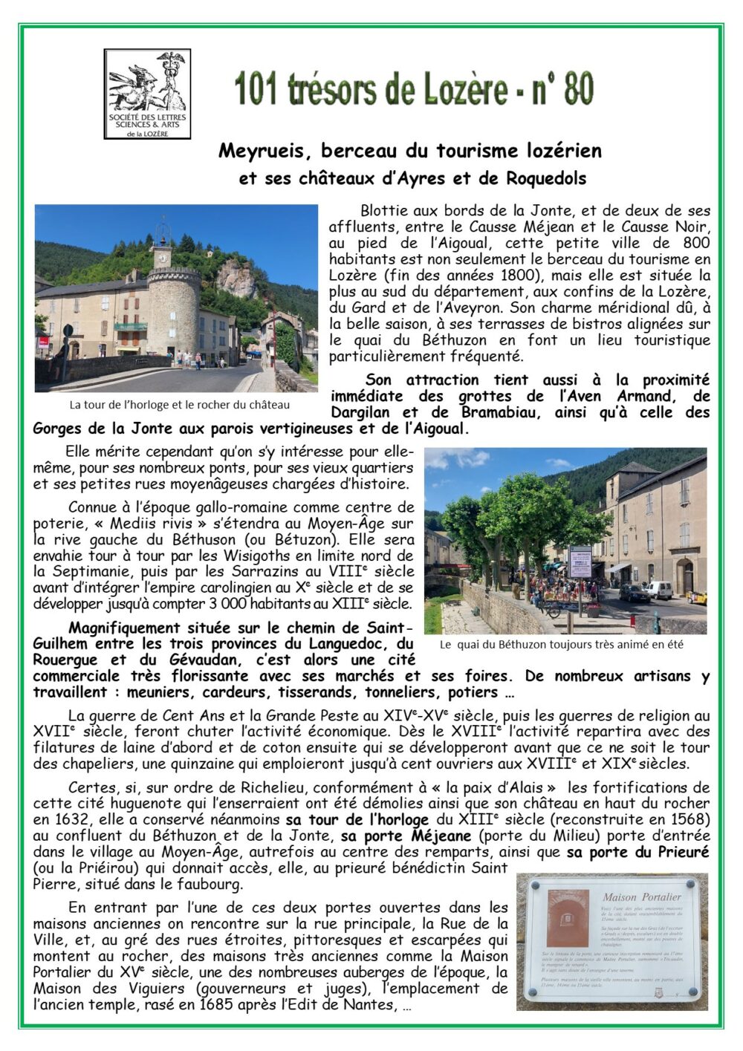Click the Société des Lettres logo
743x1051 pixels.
pyautogui.click(x=147, y=94)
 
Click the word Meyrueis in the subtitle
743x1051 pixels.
pyautogui.click(x=257, y=151)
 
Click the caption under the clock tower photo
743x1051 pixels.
pyautogui.click(x=180, y=405)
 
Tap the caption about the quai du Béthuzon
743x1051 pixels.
pyautogui.click(x=561, y=645)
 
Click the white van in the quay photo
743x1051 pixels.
pyautogui.click(x=658, y=590)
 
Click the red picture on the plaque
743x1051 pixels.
pyautogui.click(x=568, y=917)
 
